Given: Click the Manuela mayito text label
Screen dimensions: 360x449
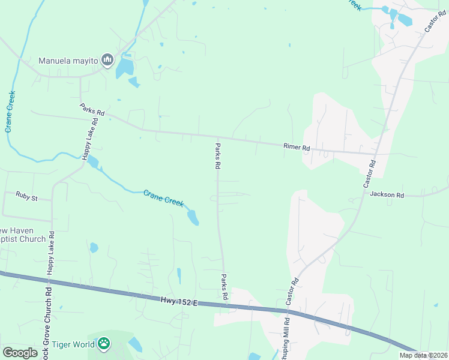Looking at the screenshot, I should pyautogui.click(x=67, y=60).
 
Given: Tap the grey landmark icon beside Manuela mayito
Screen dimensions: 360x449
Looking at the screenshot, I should pyautogui.click(x=107, y=59).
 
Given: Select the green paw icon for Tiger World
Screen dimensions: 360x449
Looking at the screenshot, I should pyautogui.click(x=104, y=344).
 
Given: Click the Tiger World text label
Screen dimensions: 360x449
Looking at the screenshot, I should pyautogui.click(x=73, y=344).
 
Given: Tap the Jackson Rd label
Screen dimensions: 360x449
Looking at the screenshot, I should pyautogui.click(x=387, y=194).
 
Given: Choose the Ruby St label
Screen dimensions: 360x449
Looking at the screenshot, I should pyautogui.click(x=27, y=195).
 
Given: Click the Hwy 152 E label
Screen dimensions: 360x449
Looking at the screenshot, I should pyautogui.click(x=179, y=301).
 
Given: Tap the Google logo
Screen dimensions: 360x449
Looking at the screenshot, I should pyautogui.click(x=20, y=353).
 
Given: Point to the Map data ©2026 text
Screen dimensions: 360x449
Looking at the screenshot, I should pyautogui.click(x=423, y=355).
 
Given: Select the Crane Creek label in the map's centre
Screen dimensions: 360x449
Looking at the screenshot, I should pyautogui.click(x=163, y=198).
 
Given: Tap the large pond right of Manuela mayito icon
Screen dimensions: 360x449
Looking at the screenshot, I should pyautogui.click(x=125, y=67).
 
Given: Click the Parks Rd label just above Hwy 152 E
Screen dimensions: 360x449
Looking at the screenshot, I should pyautogui.click(x=224, y=287).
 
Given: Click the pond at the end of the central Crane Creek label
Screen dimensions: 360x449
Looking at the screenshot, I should pyautogui.click(x=193, y=217).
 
